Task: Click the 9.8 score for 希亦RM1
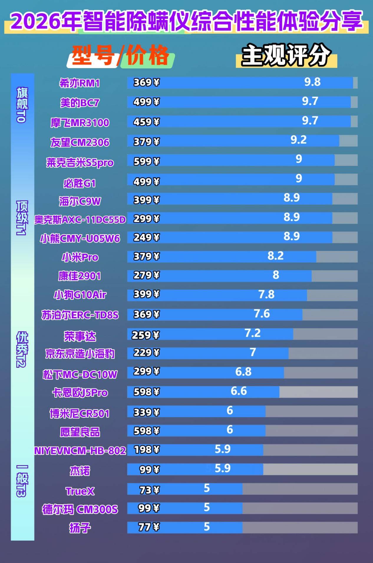click(x=312, y=82)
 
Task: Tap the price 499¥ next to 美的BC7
click(x=146, y=102)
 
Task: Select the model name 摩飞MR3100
click(x=80, y=123)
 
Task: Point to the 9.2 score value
click(x=298, y=140)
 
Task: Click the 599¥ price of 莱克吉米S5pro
click(x=146, y=162)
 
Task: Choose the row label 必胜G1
click(x=80, y=183)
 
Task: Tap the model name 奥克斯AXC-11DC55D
click(x=80, y=220)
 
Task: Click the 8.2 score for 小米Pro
click(x=275, y=256)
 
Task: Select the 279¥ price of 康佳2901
click(x=146, y=275)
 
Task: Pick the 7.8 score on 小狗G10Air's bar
click(x=266, y=294)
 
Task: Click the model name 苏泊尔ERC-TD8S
click(x=80, y=315)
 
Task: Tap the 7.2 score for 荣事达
click(x=252, y=333)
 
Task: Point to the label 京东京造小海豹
click(x=80, y=354)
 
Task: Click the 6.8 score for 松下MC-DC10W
click(x=243, y=372)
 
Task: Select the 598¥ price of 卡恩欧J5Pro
click(x=146, y=392)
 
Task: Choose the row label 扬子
click(x=80, y=528)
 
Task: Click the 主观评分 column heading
click(x=286, y=55)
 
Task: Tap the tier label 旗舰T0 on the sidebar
click(x=22, y=105)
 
